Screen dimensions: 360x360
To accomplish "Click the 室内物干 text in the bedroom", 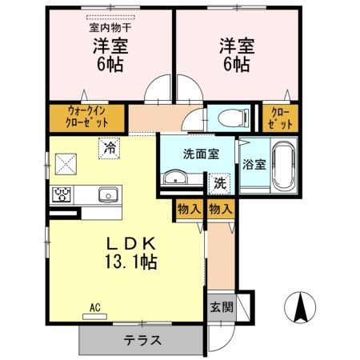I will pos(110,26).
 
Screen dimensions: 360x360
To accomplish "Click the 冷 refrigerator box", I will pos(109,147).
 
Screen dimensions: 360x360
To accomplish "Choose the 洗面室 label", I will pos(196,153).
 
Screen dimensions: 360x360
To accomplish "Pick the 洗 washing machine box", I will pos(219,182).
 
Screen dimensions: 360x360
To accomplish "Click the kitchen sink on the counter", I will pos(107,194).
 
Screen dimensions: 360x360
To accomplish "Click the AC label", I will pos(95,307).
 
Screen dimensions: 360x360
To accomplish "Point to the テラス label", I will pos(142,340).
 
